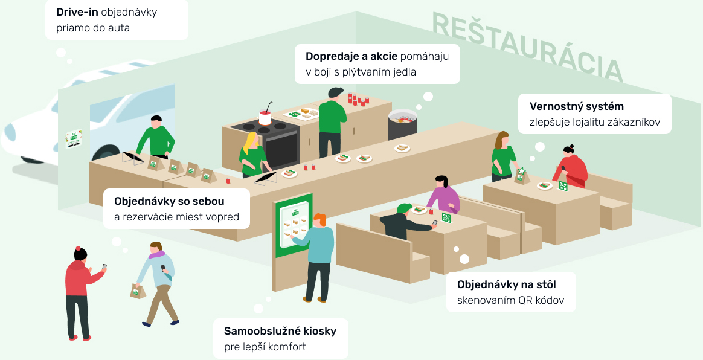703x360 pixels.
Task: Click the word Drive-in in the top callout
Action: pos(77,12)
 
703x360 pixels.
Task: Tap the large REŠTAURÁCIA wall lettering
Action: pos(527,47)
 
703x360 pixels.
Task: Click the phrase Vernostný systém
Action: pos(576,106)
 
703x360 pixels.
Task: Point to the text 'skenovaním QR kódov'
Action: pos(510,300)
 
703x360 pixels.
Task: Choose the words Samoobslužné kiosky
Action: pos(280,331)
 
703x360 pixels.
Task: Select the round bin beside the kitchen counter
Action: pos(403,125)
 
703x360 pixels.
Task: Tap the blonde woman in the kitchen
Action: pos(252,154)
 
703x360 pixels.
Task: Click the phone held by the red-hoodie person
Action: pos(104,267)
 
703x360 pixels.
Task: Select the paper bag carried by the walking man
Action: pos(138,291)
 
